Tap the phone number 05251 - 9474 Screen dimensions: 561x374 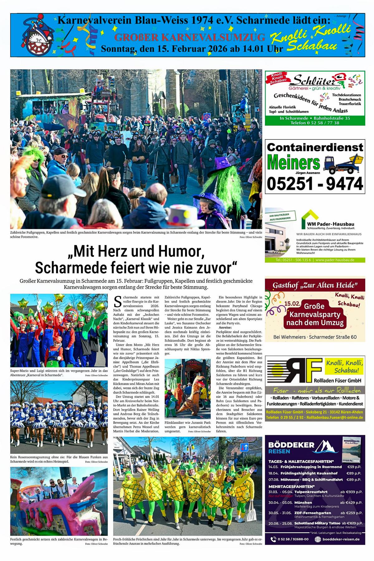pos(315,183)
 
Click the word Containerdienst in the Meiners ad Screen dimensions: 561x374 pos(315,147)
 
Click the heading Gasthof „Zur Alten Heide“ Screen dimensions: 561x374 pos(314,285)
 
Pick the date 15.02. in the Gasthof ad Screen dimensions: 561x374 pos(292,303)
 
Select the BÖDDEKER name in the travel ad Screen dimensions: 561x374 pos(291,445)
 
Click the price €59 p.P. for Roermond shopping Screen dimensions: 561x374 pos(354,467)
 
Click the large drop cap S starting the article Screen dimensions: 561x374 pos(117,301)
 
